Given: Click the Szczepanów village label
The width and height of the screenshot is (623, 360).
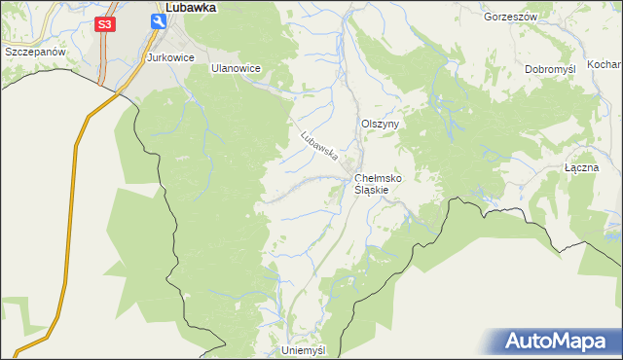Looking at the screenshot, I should (x=34, y=51).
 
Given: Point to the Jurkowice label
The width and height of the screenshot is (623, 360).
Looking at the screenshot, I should (x=171, y=58).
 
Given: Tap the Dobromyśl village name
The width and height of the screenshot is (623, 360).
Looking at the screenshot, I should (x=553, y=70).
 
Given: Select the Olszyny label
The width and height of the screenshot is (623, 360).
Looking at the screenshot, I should (x=379, y=125).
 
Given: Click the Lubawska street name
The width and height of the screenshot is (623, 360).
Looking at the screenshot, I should (x=318, y=145).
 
